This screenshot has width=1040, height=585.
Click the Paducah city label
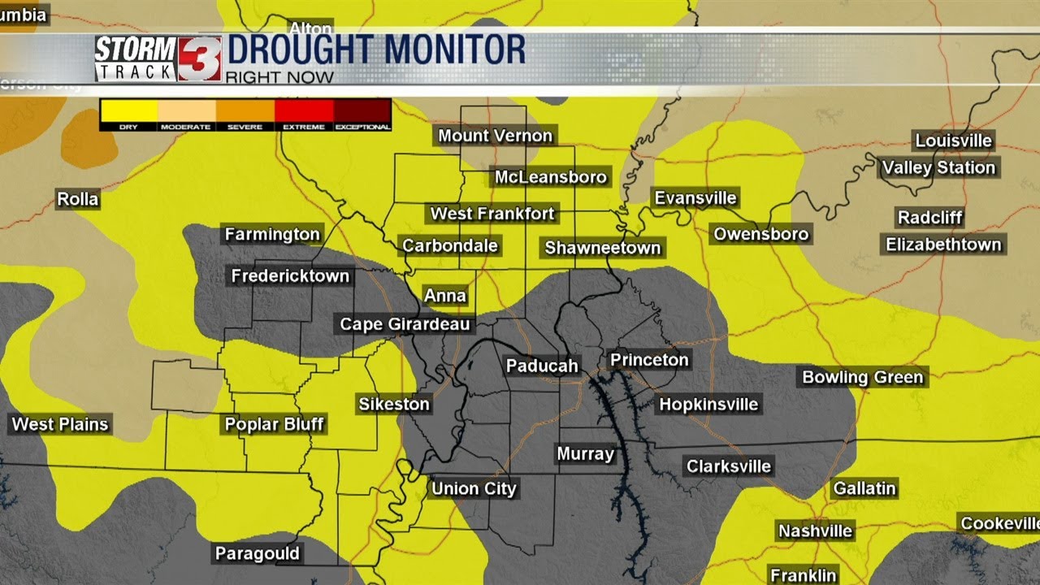click(542, 366)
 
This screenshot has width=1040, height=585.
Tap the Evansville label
click(695, 198)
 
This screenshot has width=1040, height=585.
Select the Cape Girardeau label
click(405, 324)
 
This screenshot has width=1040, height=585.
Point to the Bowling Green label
click(863, 377)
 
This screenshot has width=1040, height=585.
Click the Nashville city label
click(815, 531)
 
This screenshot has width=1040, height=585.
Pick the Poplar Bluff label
click(274, 423)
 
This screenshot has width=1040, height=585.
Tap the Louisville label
click(954, 141)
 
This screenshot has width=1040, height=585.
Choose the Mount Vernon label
click(496, 136)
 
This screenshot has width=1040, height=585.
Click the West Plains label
click(60, 423)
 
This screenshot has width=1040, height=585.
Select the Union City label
click(474, 488)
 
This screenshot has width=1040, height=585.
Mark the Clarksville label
click(729, 466)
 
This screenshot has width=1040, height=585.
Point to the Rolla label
click(78, 199)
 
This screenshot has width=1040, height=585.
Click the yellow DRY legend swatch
click(128, 110)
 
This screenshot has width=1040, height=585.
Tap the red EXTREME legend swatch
click(304, 110)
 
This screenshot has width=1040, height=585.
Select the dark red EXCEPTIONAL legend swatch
click(362, 110)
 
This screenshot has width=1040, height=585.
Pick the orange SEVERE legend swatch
click(245, 110)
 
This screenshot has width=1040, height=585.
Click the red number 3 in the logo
click(200, 58)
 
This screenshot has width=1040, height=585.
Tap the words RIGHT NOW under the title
click(279, 78)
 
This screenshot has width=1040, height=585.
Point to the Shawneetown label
click(603, 248)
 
